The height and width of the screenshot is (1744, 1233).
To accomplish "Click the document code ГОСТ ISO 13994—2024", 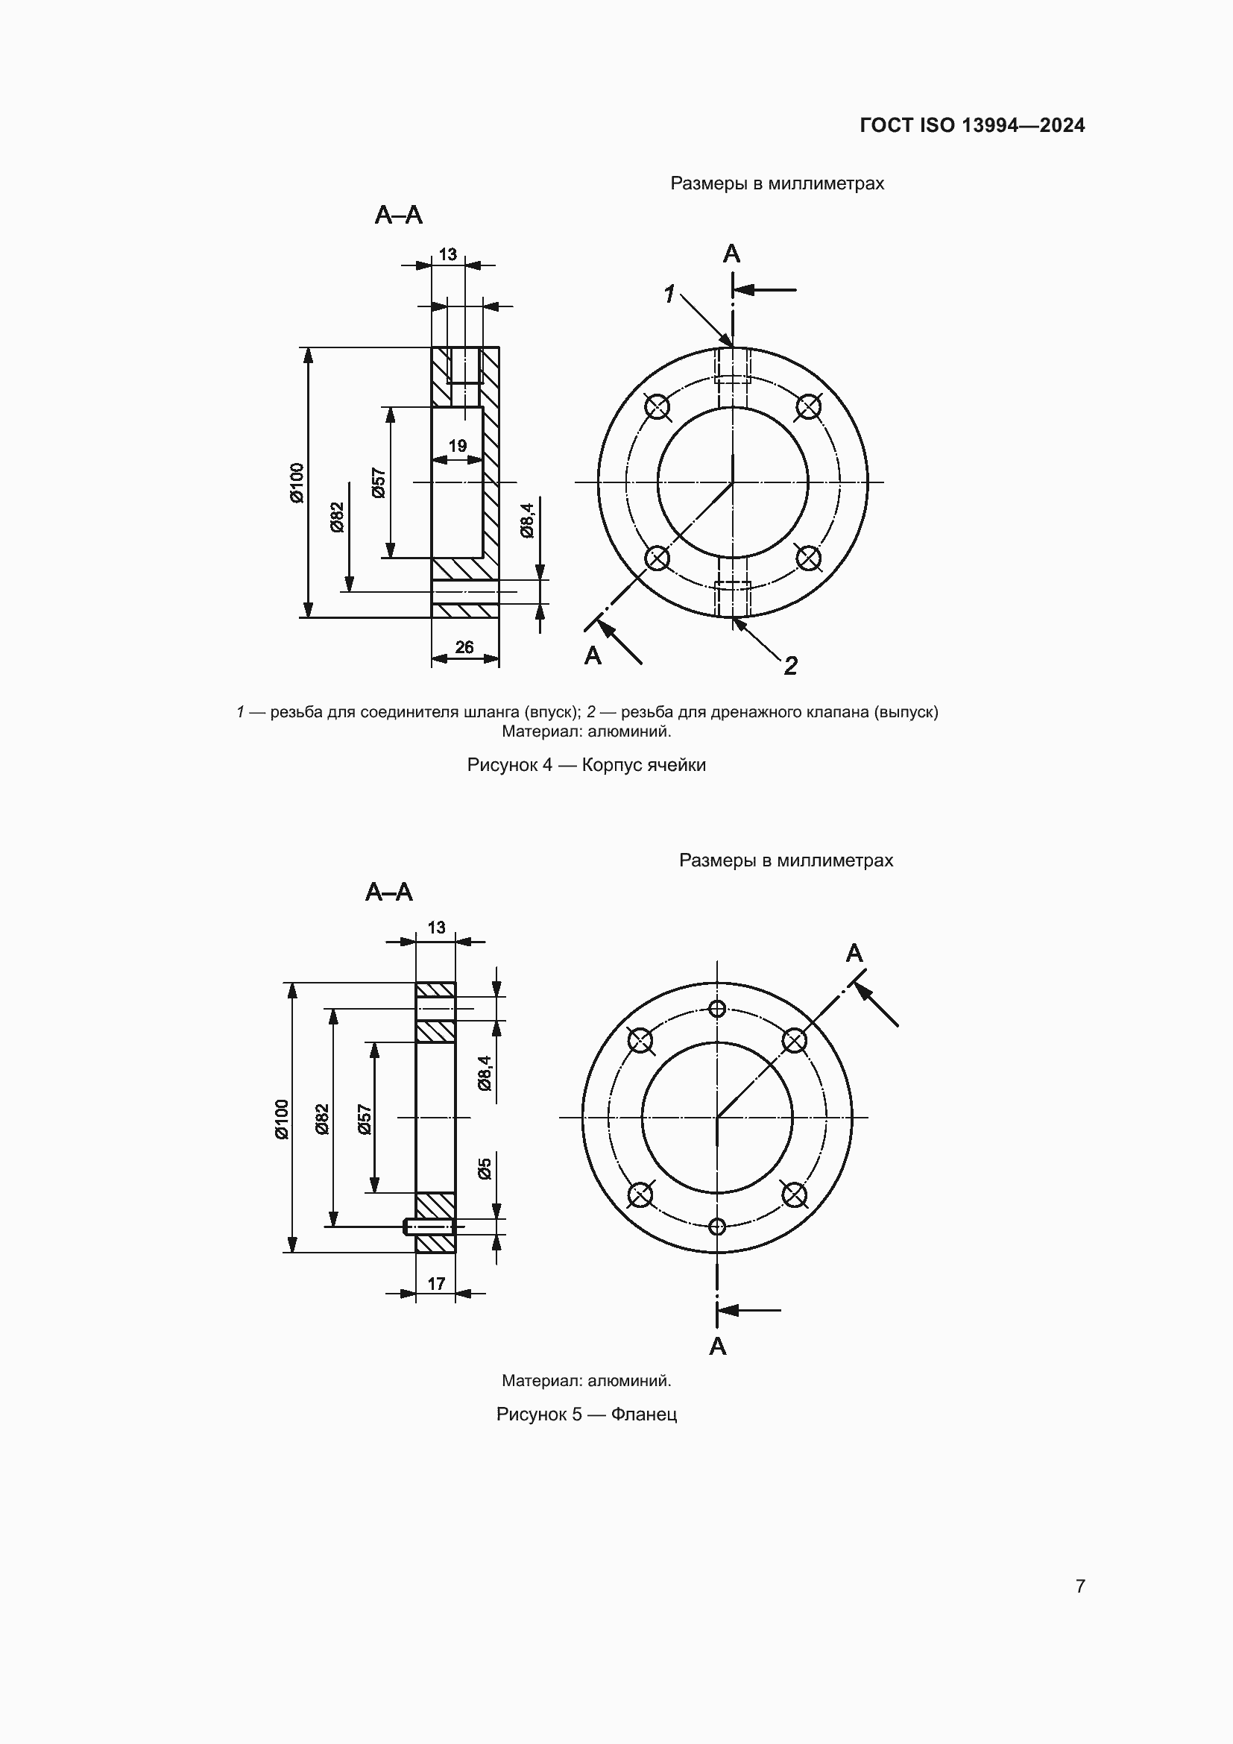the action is pos(972,125).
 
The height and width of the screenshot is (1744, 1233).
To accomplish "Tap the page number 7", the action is pos(1080,1585).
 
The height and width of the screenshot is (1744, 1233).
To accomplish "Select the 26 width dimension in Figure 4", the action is pos(464,646).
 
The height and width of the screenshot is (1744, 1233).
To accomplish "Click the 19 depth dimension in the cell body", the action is pos(457,446).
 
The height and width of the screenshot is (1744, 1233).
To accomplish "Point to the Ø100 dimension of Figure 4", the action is pos(296,482).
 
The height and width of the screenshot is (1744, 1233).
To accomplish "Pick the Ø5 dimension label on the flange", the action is pos(485,1168).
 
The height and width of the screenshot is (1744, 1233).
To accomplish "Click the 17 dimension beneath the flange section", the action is pos(436,1283).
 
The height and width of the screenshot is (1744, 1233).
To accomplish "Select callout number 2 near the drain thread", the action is pos(790,666).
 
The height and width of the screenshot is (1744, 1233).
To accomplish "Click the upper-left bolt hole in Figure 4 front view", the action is pos(657,407).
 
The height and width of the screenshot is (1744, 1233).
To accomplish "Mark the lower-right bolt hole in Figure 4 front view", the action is pos(808,558).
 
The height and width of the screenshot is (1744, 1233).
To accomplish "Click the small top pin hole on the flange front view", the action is pos(716,1009).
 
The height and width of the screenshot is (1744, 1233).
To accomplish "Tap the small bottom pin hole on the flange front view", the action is pos(716,1226).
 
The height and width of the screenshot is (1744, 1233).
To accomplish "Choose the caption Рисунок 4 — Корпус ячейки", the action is pos(586,765).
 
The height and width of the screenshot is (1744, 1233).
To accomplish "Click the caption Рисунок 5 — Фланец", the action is pos(586,1414).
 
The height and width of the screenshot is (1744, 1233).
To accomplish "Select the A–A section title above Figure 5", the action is pos(388,891).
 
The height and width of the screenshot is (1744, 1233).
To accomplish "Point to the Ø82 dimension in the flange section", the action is pos(322,1119).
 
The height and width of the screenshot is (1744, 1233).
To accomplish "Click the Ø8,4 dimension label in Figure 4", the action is pos(527,520).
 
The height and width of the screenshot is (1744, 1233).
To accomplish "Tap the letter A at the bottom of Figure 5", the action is pos(717,1346).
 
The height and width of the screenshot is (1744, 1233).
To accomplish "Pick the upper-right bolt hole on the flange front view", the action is pos(793,1041).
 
